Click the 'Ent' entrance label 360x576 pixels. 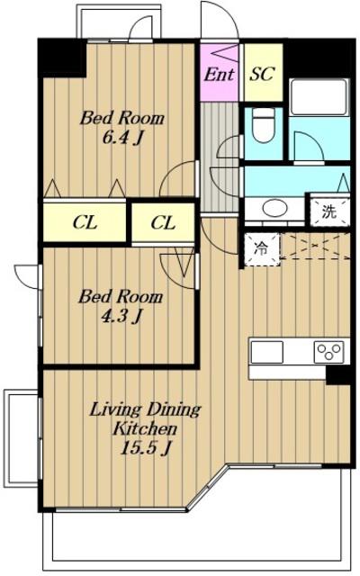[x=219, y=75]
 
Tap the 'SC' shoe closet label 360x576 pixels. [x=262, y=74]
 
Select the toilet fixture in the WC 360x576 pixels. [x=263, y=126]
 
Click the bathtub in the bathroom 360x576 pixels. [x=319, y=96]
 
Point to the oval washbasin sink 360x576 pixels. [x=274, y=209]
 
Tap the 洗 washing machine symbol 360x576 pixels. [x=329, y=212]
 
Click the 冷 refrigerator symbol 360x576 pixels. [x=262, y=248]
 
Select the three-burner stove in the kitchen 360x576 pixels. [x=329, y=352]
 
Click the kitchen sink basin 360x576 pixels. [x=267, y=352]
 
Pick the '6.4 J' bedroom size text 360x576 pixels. [x=122, y=139]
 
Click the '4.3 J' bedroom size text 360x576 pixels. [x=121, y=316]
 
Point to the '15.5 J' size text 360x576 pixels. [x=146, y=448]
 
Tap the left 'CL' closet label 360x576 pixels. [x=85, y=222]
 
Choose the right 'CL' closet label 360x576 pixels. [x=163, y=222]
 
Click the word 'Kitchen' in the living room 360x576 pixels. [x=145, y=428]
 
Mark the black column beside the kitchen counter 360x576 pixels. [x=338, y=375]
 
